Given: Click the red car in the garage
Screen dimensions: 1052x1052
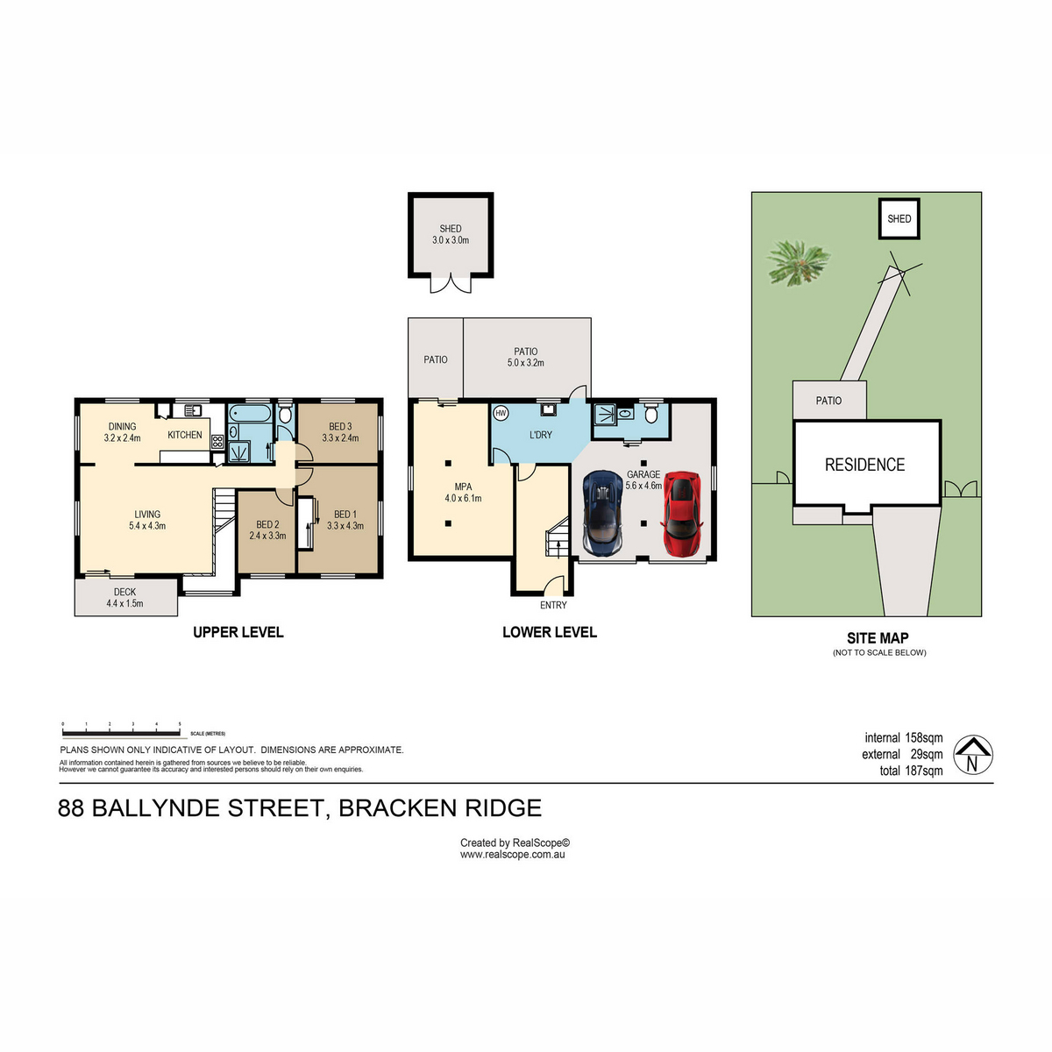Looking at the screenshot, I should coord(681,515).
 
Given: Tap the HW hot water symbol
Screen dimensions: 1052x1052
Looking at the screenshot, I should coord(501,413).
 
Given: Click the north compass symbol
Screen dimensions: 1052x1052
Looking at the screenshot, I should coord(971,755).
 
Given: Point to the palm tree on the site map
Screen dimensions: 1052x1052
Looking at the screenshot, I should coord(797,261).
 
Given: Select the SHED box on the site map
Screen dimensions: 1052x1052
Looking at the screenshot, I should coord(899,219).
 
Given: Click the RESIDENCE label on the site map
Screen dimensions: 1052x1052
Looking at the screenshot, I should coord(864,465).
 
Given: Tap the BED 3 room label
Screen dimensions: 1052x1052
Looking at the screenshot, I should coord(340,432).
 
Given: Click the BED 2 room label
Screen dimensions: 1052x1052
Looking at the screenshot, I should coord(267,530).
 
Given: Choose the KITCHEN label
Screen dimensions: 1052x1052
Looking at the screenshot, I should coord(185,435).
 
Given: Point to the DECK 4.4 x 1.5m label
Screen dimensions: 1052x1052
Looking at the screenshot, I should coord(124,598).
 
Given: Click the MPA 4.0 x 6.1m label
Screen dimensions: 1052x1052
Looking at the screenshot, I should coord(463,493).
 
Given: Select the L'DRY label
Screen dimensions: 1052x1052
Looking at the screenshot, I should coord(541,435).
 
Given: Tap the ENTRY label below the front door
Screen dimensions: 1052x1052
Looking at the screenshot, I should coord(553,605).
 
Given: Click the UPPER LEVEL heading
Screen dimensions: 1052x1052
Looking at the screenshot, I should coord(238,632).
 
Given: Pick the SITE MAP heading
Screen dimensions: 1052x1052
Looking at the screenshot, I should coord(878,638).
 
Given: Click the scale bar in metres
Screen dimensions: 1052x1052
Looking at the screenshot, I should coord(121,731).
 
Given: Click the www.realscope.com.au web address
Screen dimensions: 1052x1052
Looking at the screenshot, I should coord(513,854).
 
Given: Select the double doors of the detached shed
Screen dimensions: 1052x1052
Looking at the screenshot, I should coord(451,283).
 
